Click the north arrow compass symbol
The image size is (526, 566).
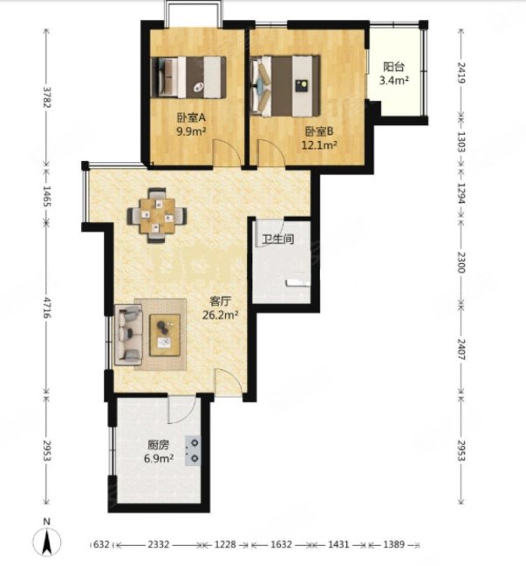[x=47, y=541]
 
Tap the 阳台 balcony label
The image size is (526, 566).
[x=393, y=67]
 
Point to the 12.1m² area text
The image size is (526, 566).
[x=319, y=145]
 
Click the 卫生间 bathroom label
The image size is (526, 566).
[x=278, y=239]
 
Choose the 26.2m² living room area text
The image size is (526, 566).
[x=220, y=315]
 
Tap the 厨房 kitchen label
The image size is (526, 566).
[x=159, y=445]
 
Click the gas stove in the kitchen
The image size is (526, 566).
[x=193, y=450]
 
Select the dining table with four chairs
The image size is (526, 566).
[x=157, y=215]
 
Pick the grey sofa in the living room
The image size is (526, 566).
[x=128, y=334]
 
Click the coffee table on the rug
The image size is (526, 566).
[x=165, y=335]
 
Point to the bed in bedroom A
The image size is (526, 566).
[x=188, y=77]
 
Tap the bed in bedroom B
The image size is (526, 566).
[x=285, y=85]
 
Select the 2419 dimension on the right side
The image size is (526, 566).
[x=461, y=73]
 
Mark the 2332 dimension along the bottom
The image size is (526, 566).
[x=159, y=544]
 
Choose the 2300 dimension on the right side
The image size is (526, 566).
[x=461, y=262]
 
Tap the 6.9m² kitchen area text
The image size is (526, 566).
[x=159, y=459]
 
